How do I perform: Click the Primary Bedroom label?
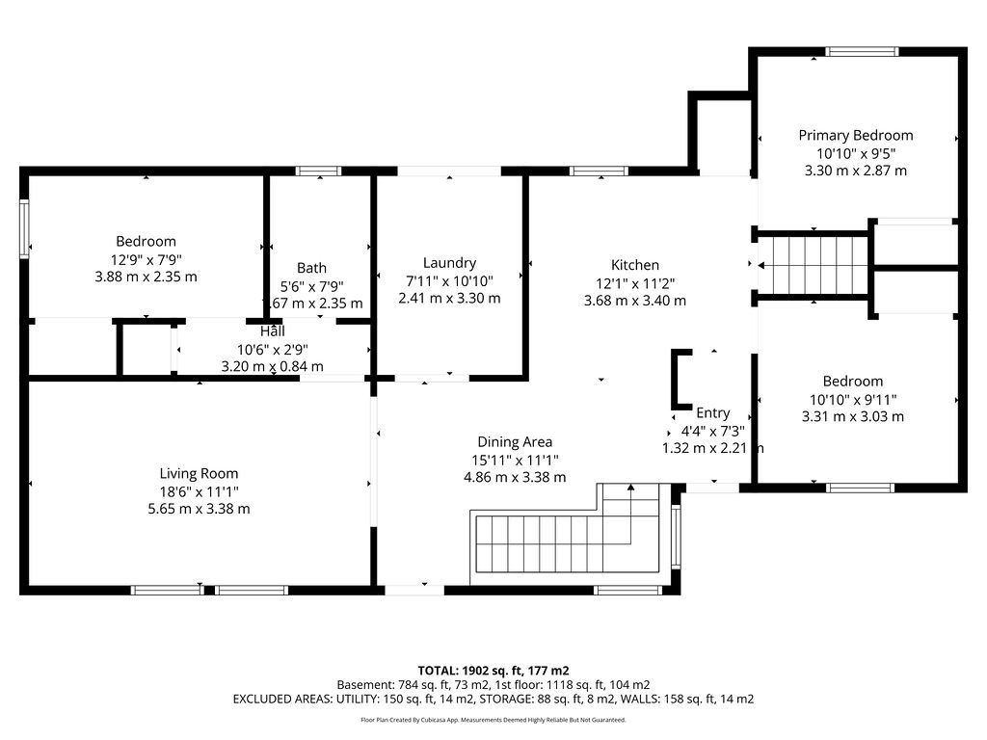(x=856, y=135)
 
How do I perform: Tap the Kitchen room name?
(x=635, y=265)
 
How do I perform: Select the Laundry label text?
(x=449, y=263)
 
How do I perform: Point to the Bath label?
(x=311, y=268)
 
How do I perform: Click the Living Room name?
(x=199, y=473)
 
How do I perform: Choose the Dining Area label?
(x=515, y=441)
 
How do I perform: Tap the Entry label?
(x=713, y=412)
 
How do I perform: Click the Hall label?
(x=273, y=331)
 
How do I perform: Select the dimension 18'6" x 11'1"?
(x=199, y=491)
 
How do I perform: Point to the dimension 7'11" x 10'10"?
(x=449, y=280)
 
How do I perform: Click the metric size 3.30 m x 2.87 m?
(x=856, y=171)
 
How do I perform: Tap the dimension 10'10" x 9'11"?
(x=853, y=399)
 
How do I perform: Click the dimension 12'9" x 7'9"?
(x=147, y=258)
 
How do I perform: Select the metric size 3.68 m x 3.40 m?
(x=635, y=301)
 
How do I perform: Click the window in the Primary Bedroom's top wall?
(x=862, y=52)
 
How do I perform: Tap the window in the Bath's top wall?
(x=318, y=172)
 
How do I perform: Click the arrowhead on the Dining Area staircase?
(x=630, y=487)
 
